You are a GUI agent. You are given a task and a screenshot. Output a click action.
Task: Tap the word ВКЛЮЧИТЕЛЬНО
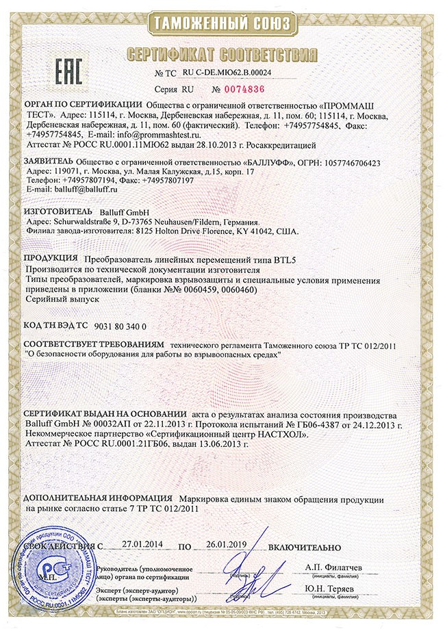[305, 547]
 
